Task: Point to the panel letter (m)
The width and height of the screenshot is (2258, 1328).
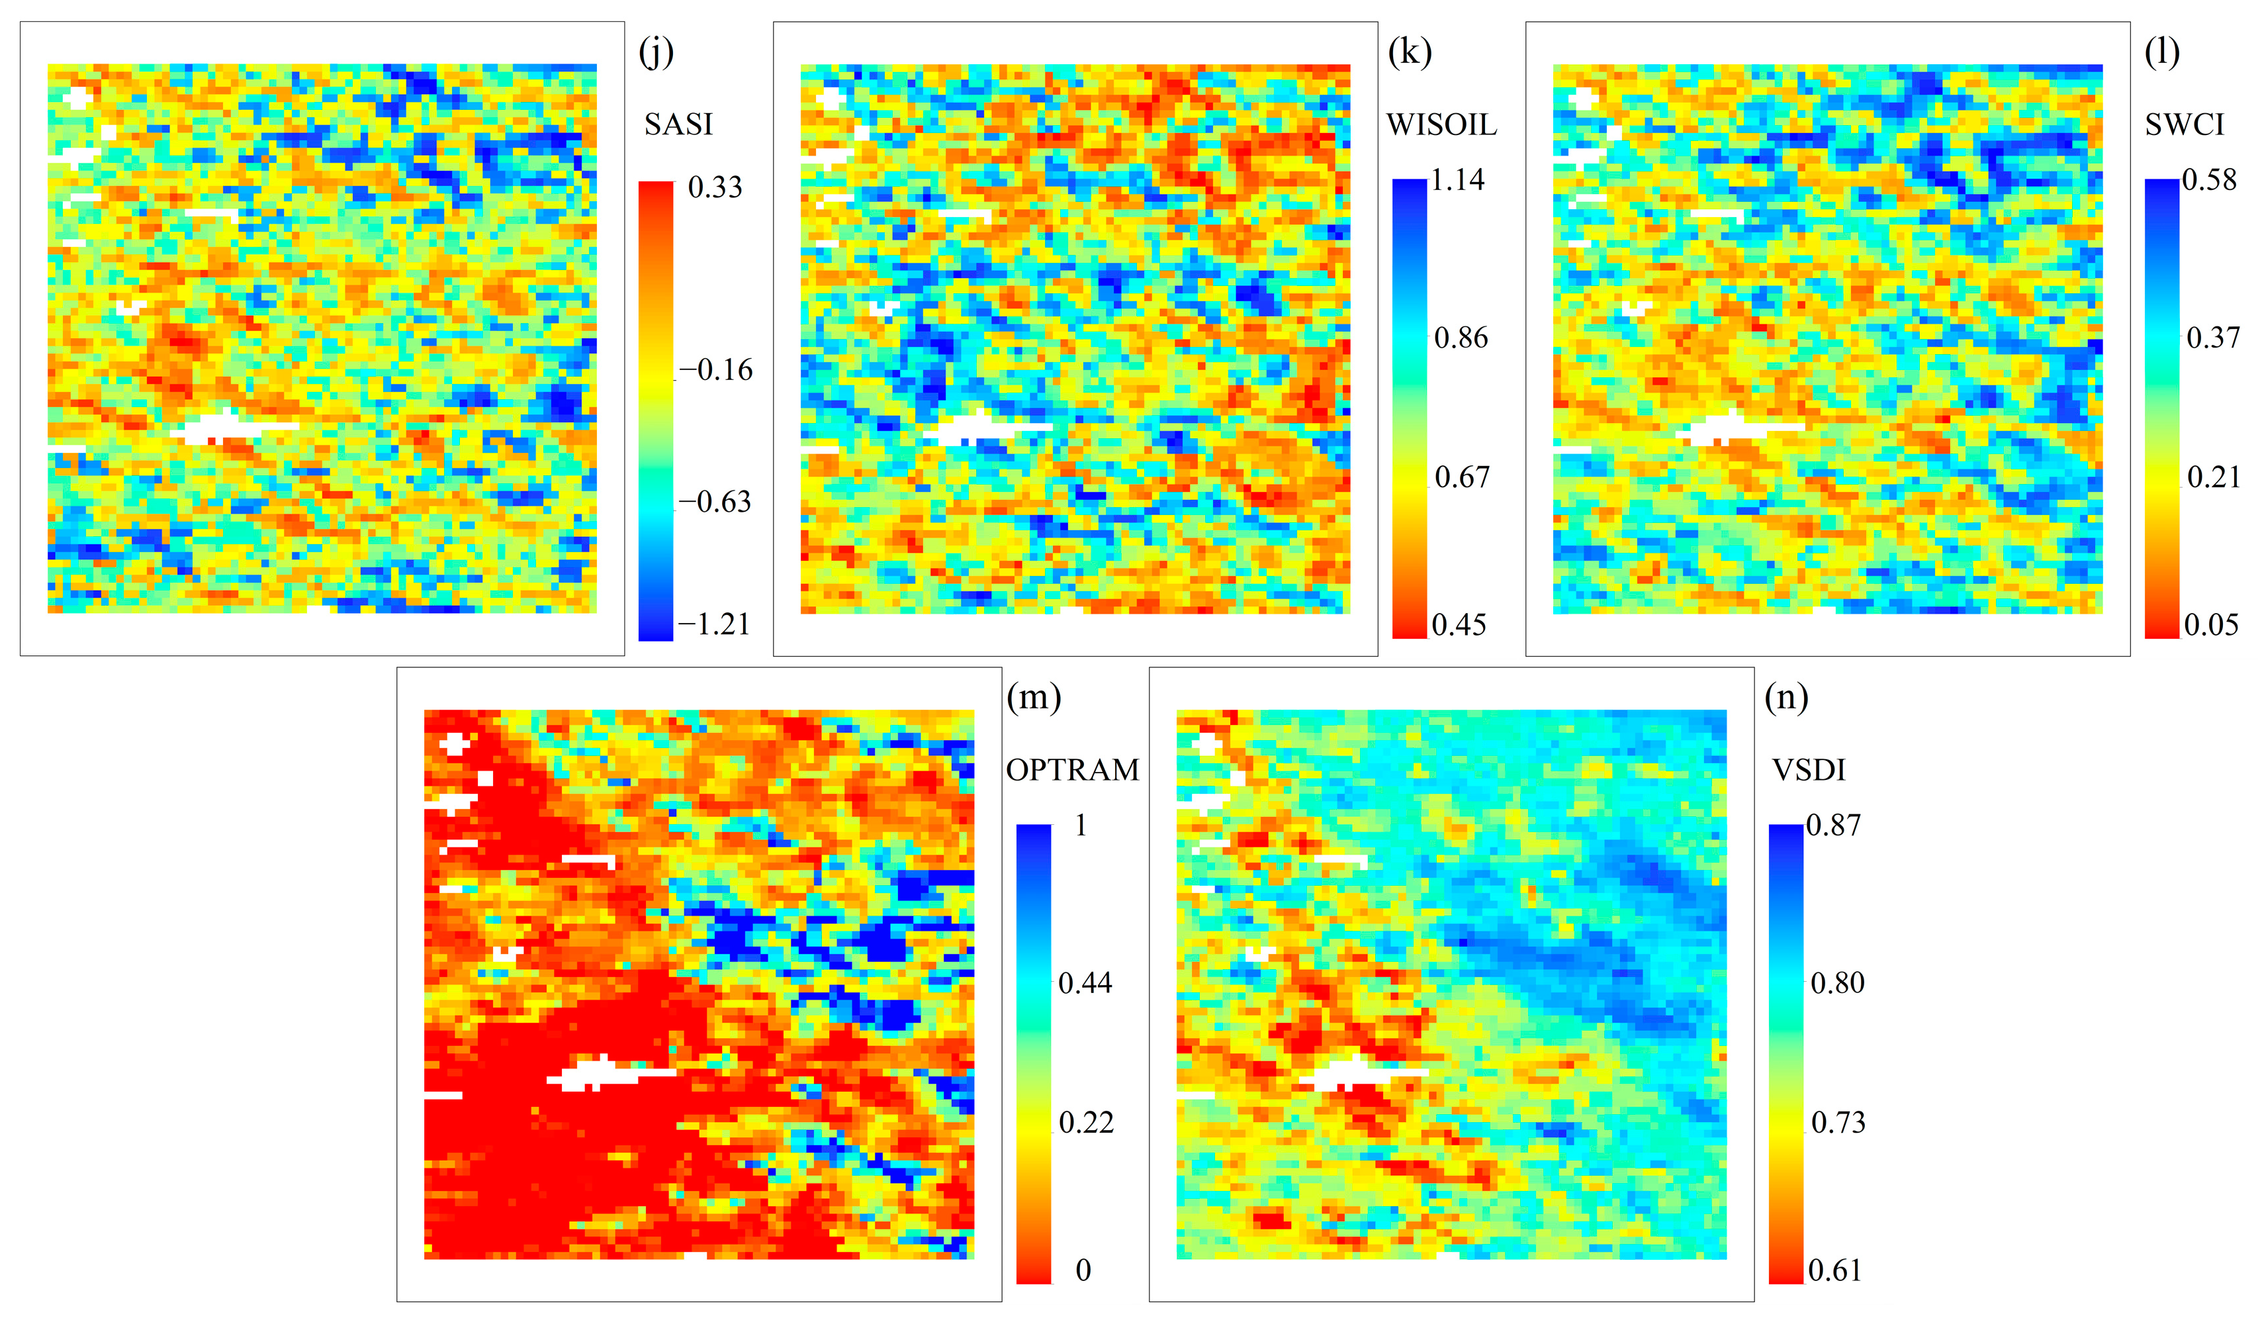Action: [1033, 697]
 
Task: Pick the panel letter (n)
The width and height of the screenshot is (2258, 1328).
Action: [1785, 697]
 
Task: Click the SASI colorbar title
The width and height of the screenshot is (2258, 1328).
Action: [678, 124]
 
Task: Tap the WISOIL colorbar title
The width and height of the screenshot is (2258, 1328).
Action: [1441, 124]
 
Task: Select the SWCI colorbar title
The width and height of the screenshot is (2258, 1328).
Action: [2184, 124]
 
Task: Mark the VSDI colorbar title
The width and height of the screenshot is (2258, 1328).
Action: [1808, 770]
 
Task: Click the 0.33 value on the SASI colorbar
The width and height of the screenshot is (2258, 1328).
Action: [715, 187]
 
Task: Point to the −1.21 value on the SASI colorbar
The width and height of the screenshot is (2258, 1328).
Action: [713, 624]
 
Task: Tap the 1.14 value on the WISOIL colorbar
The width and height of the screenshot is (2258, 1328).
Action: [1457, 180]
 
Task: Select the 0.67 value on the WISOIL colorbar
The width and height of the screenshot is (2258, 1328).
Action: [1461, 477]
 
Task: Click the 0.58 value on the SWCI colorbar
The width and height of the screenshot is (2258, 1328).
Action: [2209, 180]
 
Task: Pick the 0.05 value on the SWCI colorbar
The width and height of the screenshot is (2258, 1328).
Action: [2210, 624]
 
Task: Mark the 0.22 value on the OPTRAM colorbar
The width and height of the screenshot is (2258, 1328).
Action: [1086, 1122]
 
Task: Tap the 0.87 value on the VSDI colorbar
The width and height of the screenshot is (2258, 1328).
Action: [1833, 826]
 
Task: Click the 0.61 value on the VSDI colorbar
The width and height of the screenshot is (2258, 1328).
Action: [1834, 1270]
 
